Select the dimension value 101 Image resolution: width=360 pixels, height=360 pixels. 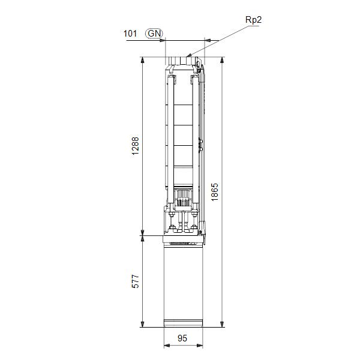[x=131, y=34]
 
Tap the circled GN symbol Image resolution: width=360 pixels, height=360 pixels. [x=154, y=34]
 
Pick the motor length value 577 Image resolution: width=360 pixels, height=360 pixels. [x=136, y=282]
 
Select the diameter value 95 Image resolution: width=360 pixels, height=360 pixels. [x=183, y=338]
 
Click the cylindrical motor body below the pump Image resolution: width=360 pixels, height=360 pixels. [x=183, y=282]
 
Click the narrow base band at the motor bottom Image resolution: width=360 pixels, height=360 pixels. [x=183, y=325]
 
